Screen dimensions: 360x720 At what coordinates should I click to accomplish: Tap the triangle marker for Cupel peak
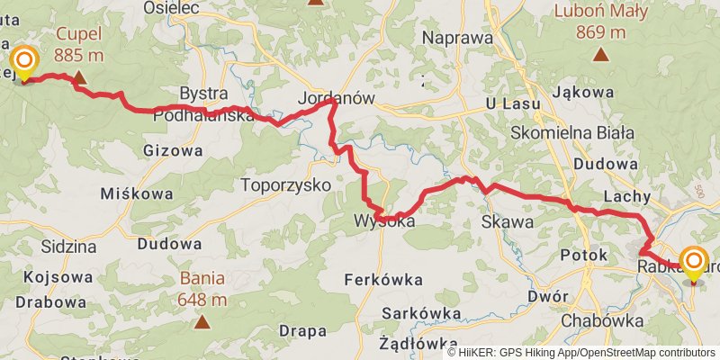click(79, 78)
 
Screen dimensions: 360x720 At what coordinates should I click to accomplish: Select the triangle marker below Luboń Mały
click(600, 55)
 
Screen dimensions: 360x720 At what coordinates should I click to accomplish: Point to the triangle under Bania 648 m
click(202, 321)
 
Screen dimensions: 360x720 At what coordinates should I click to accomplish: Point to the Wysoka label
click(383, 220)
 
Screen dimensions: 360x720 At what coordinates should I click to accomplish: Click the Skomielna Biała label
click(574, 131)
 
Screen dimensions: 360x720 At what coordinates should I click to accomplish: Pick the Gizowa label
click(173, 150)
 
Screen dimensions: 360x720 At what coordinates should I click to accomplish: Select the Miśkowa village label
click(130, 193)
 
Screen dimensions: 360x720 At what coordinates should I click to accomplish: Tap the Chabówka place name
click(601, 319)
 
